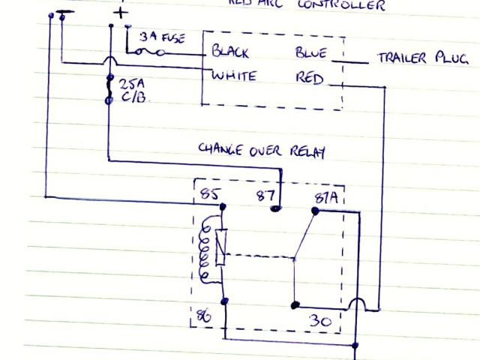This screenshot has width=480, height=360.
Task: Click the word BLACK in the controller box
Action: [230, 52]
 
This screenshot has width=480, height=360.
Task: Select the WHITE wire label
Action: [234, 76]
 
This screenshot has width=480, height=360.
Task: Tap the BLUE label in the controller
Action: [310, 53]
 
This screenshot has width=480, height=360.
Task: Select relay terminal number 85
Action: [209, 196]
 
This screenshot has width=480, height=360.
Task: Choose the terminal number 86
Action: [204, 316]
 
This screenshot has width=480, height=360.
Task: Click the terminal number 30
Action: [319, 321]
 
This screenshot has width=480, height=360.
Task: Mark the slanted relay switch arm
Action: [304, 237]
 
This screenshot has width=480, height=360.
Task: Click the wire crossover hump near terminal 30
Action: [357, 304]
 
